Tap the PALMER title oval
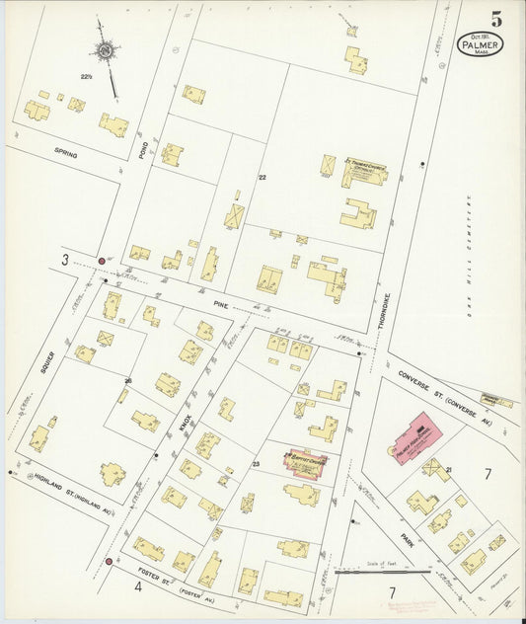pos(480,44)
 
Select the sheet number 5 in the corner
pos(494,18)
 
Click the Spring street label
pos(67,155)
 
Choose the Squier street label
pos(45,362)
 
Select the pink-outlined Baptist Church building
pos(308,462)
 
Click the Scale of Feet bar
pos(382,571)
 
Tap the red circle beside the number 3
pos(101,261)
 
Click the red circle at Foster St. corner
pos(108,561)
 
